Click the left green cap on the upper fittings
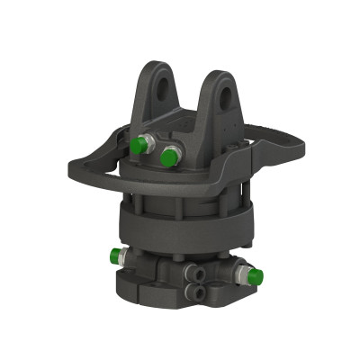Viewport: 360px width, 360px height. [x=138, y=145]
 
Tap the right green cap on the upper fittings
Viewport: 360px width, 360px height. [x=168, y=157]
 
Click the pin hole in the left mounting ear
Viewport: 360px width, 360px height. [x=162, y=88]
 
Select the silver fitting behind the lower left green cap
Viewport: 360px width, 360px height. [x=129, y=257]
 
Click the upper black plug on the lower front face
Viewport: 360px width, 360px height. [x=192, y=270]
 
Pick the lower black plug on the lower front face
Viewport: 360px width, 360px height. [x=196, y=289]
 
